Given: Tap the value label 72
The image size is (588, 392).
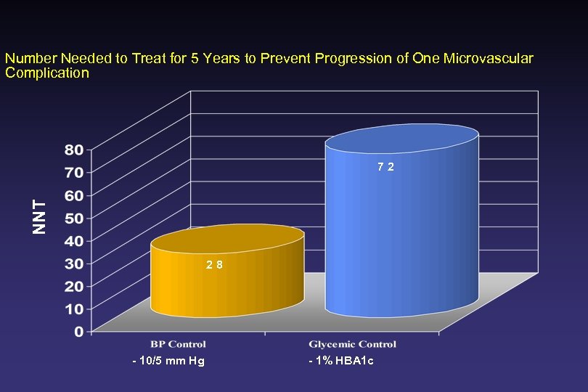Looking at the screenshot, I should pos(385,167).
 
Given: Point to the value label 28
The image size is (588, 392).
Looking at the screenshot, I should pos(214,265).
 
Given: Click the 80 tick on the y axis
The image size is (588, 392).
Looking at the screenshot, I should pos(74,150).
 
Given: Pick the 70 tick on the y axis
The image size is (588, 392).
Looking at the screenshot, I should pos(74,172).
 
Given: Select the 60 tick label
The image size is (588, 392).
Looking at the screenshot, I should pos(74,195).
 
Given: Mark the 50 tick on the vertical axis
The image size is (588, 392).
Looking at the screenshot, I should pos(74,217).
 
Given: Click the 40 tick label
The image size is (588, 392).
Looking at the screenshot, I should pos(74,240).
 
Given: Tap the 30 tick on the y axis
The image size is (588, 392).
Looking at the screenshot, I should pos(74,263).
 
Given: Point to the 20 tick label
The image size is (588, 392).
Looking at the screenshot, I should pos(74,285).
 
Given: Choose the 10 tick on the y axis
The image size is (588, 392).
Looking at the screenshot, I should pos(74,309).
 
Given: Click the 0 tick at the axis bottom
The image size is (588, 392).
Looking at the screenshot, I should pos(78,331).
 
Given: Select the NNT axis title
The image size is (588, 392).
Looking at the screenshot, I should pos(41,216).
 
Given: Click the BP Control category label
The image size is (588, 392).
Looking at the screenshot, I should pos(179,343).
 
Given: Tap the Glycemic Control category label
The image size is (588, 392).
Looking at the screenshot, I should pos(353,343).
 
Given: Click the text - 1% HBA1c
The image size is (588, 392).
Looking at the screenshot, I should pos(341,362).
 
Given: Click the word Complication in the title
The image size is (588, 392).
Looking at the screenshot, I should pos(47,73).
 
